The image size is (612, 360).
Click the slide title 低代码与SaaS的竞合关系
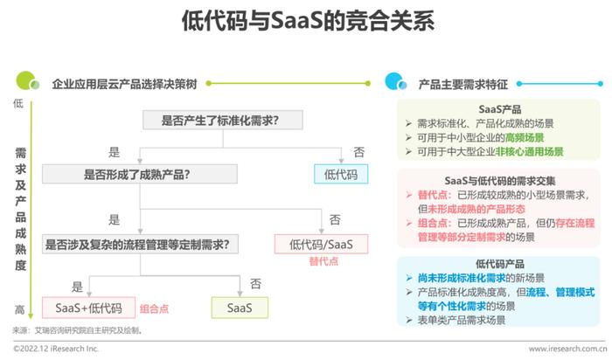point(308,21)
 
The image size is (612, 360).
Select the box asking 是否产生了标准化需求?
point(222,120)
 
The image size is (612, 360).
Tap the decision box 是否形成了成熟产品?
point(140,174)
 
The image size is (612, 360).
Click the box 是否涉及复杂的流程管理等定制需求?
point(140,245)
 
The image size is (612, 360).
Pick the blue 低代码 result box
point(341,174)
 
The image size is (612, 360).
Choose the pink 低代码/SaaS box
point(321,244)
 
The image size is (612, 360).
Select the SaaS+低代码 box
point(88,308)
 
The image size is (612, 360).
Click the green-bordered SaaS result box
point(240,308)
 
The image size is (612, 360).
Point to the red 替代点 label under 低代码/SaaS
point(323,261)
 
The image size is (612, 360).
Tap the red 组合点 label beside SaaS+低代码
point(154,309)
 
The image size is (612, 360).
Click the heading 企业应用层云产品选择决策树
point(124,84)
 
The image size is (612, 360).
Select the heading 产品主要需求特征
point(462,84)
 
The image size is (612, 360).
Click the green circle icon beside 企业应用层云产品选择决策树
point(27,80)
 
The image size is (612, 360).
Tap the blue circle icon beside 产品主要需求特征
point(395,81)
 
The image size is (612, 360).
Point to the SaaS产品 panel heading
point(499,109)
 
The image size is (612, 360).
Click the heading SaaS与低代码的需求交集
point(499,181)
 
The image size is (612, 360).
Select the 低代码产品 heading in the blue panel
point(499,264)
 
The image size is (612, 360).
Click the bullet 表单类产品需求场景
point(462,320)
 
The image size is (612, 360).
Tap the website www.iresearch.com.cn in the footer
point(568,349)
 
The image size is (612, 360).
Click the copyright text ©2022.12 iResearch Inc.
point(56,349)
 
